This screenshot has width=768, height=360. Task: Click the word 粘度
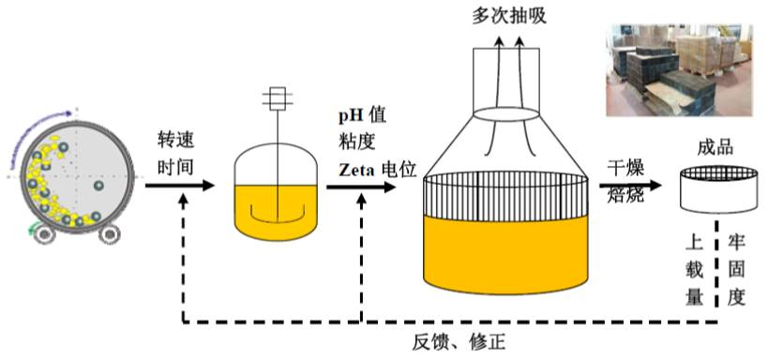click(354, 142)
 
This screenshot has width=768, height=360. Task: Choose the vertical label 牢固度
click(736, 268)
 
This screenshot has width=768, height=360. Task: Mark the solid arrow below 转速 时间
click(178, 186)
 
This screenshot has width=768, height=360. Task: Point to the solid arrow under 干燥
click(624, 180)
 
